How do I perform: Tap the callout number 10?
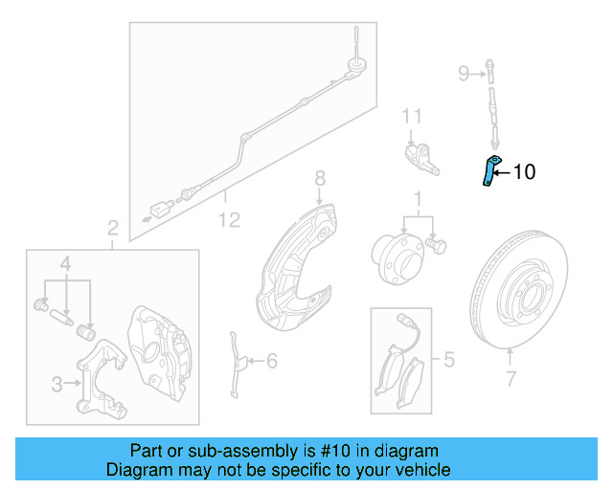point(525,172)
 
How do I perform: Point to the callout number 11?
point(411,117)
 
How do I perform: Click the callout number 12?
point(229,220)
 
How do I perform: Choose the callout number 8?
point(320,178)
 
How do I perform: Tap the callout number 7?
point(510,378)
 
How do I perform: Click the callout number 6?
point(271,361)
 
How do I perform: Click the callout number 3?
point(57,384)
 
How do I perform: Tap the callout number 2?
point(112,228)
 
